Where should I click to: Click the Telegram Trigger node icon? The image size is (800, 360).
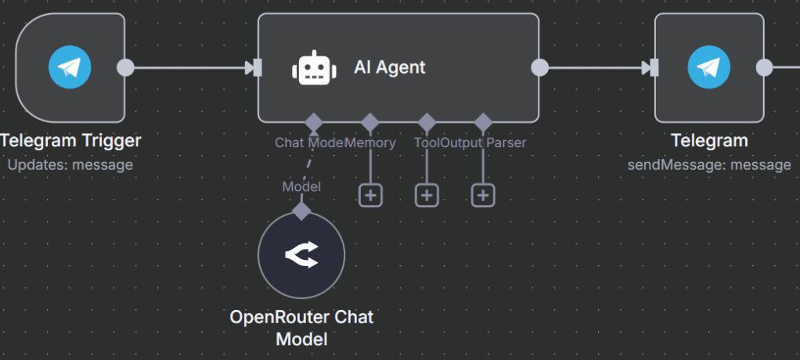[x=70, y=67]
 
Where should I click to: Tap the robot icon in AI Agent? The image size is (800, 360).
[x=313, y=68]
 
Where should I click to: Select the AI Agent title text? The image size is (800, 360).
[x=390, y=67]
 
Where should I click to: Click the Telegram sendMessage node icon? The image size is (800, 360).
[x=708, y=67]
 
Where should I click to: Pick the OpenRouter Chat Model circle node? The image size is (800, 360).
[x=301, y=255]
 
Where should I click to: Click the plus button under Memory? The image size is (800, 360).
[x=370, y=195]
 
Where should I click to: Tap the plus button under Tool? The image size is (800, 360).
[x=427, y=195]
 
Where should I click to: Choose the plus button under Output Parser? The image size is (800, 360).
[x=483, y=195]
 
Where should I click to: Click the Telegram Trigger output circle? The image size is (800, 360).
[x=124, y=67]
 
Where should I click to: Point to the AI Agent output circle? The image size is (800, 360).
[x=539, y=67]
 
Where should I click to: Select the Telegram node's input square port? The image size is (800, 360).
[x=654, y=68]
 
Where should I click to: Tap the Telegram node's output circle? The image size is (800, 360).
[x=765, y=67]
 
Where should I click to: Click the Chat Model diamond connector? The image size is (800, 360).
[x=313, y=123]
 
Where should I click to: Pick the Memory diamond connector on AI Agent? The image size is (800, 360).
[x=370, y=123]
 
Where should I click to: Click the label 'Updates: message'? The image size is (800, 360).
[x=70, y=165]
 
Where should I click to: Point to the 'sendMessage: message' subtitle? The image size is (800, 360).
[x=709, y=165]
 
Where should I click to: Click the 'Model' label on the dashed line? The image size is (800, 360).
[x=301, y=186]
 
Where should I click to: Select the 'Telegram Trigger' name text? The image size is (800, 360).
[x=70, y=142]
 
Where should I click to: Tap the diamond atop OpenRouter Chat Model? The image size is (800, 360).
[x=301, y=211]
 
